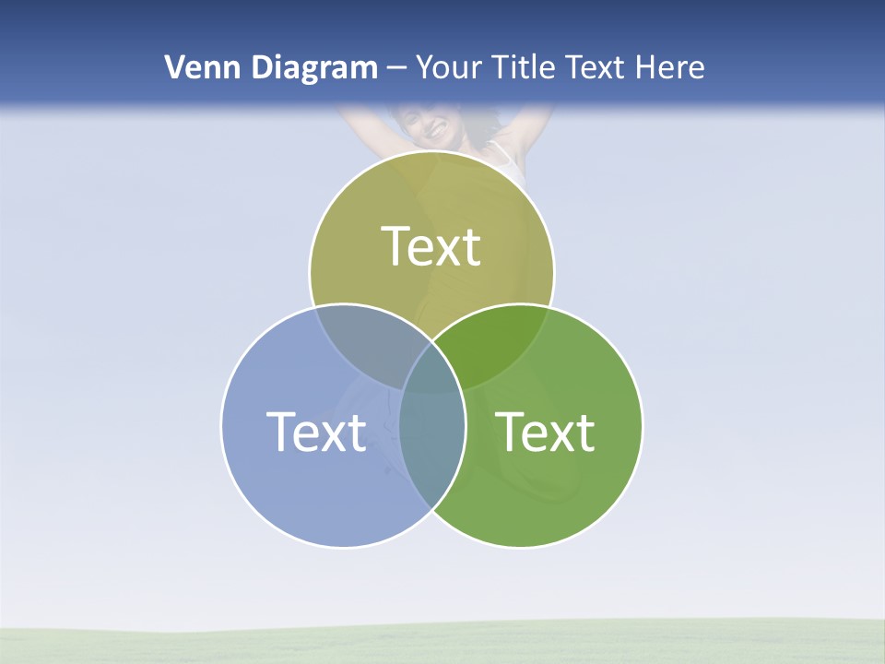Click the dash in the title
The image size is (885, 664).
point(396,68)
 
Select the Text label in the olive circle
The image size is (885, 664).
point(431,246)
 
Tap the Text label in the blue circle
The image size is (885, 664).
point(316,431)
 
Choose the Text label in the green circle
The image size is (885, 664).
point(546,431)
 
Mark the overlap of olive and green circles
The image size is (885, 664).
point(498,346)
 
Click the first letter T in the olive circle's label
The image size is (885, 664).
point(395,246)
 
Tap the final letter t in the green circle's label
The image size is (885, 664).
point(584,432)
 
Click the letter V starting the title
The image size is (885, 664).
point(173,67)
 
